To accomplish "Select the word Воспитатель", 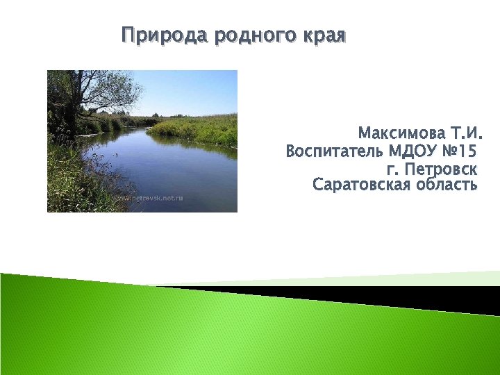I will click(335, 151).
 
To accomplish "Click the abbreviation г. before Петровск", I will click(392, 169).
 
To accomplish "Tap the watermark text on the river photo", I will click(149, 198).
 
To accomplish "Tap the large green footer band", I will click(208, 340).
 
